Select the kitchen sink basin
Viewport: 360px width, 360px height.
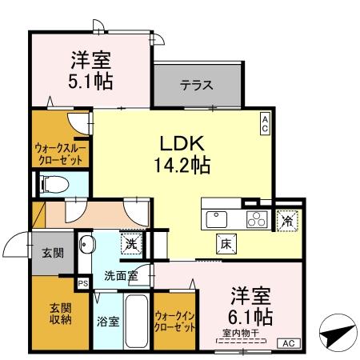pyautogui.click(x=218, y=218)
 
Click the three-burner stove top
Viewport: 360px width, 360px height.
pyautogui.click(x=257, y=218)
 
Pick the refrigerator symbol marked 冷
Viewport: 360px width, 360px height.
pyautogui.click(x=286, y=218)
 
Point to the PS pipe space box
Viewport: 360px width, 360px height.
pyautogui.click(x=82, y=282)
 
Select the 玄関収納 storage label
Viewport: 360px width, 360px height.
pyautogui.click(x=61, y=314)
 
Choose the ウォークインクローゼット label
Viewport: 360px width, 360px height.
pyautogui.click(x=174, y=322)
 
